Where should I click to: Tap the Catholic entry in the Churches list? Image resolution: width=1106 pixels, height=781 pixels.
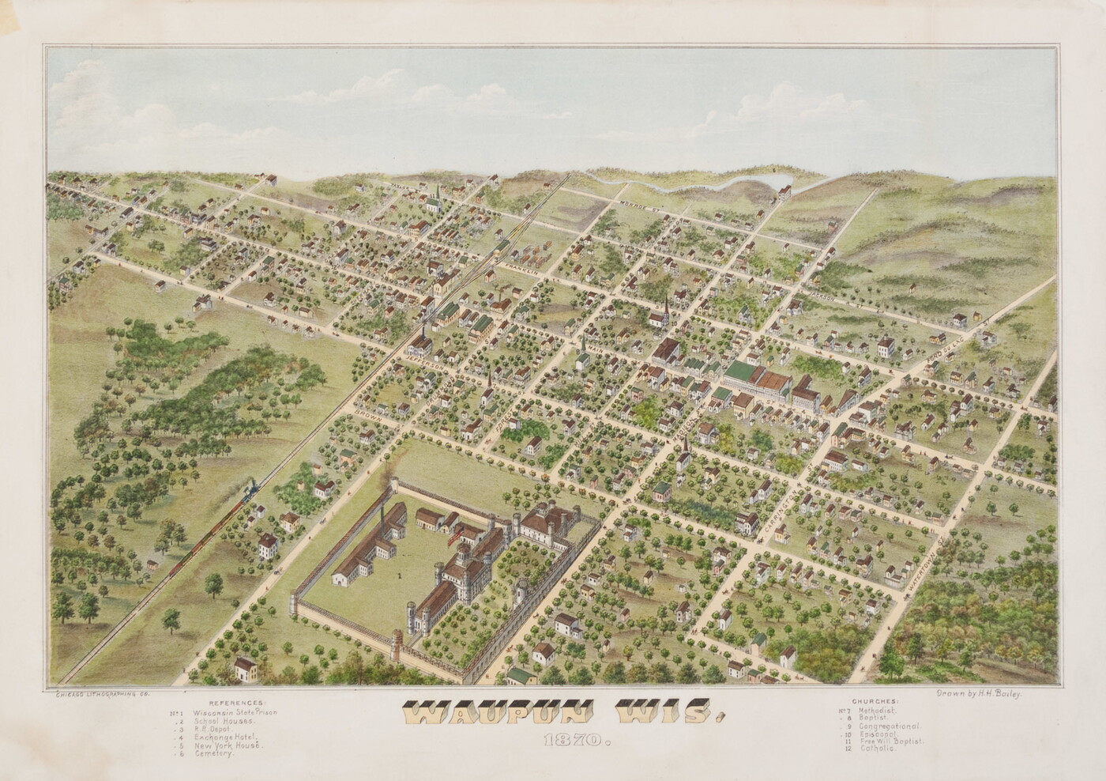pos(878,749)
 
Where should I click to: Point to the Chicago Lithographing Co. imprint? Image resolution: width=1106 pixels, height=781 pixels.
pos(100,693)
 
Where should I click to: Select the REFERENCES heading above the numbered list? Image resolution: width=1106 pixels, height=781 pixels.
pos(238,702)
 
